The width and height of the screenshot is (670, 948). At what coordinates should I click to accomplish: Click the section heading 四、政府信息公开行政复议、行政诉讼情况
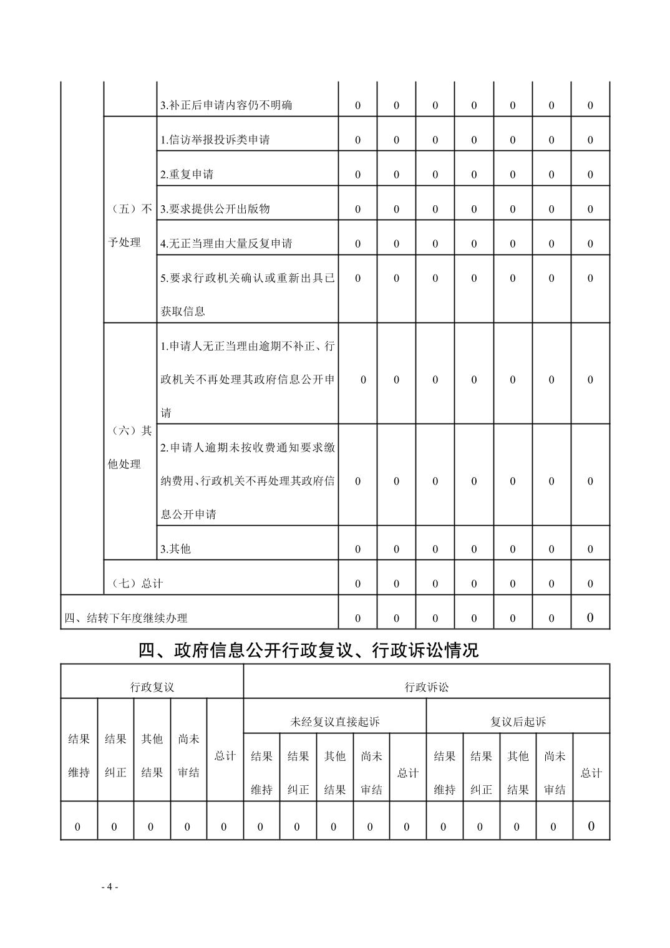(x=308, y=651)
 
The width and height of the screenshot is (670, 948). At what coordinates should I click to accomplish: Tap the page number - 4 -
(x=109, y=887)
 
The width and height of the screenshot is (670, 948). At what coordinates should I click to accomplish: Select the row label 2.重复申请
(x=187, y=175)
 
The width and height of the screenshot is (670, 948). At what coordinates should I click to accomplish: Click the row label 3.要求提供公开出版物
(x=215, y=209)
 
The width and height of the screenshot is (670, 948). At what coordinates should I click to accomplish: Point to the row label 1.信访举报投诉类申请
(x=215, y=140)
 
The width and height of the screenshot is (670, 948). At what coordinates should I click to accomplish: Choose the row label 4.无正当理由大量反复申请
(x=226, y=243)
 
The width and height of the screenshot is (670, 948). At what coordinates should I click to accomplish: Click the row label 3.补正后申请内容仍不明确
(x=226, y=105)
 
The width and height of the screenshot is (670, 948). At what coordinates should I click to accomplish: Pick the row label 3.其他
(x=175, y=549)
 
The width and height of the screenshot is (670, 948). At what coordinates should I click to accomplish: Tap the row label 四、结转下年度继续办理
(x=126, y=618)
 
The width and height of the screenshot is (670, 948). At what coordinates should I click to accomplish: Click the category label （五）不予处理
(x=129, y=226)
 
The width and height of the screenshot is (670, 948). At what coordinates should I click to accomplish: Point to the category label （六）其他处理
(x=129, y=447)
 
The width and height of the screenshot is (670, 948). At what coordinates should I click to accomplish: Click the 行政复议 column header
(x=152, y=687)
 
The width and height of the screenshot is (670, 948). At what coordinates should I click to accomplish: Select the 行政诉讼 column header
(x=426, y=687)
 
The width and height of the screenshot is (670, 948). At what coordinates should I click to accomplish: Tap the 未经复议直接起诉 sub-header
(x=334, y=722)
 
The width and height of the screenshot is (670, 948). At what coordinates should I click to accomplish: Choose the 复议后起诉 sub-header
(x=518, y=722)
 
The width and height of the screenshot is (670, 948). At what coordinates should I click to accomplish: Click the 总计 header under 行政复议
(x=225, y=756)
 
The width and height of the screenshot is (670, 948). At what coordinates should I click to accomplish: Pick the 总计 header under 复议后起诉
(x=591, y=773)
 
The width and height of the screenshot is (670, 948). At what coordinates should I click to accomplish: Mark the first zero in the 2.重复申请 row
(x=357, y=175)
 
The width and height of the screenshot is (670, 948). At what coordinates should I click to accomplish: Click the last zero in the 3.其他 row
(x=590, y=549)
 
